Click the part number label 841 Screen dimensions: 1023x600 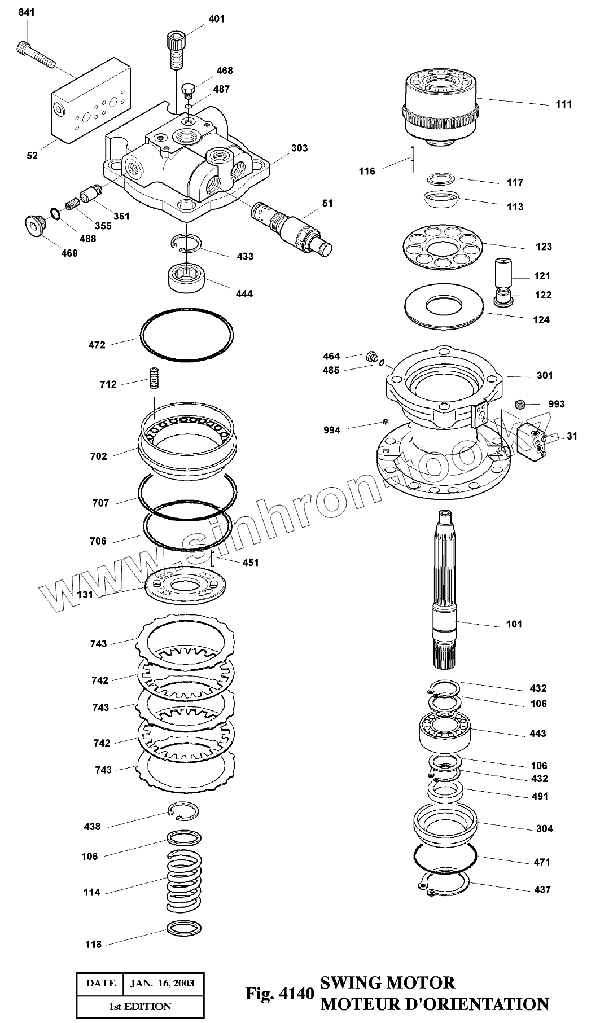(x=27, y=12)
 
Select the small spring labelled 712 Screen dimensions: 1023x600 (x=152, y=377)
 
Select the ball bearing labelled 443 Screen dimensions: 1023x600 (x=445, y=732)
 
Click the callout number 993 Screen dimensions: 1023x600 (x=556, y=404)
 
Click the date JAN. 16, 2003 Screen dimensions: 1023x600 (x=162, y=983)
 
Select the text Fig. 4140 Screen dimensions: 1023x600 (x=279, y=993)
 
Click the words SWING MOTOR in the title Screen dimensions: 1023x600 (x=388, y=982)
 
